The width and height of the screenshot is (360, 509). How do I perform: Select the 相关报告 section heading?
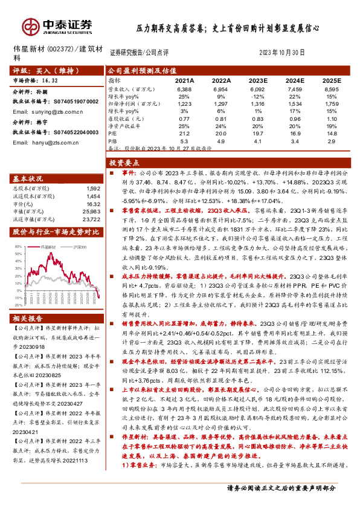click(28, 319)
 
